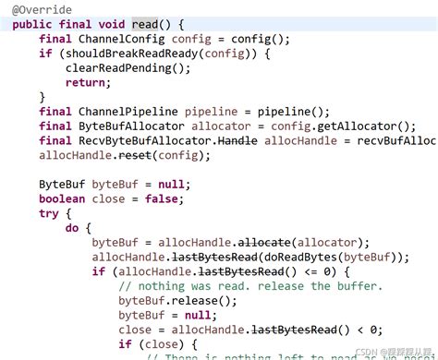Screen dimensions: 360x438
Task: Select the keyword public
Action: tap(33, 24)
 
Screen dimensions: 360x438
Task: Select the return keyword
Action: tap(86, 82)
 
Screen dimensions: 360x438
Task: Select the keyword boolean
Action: tap(63, 198)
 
